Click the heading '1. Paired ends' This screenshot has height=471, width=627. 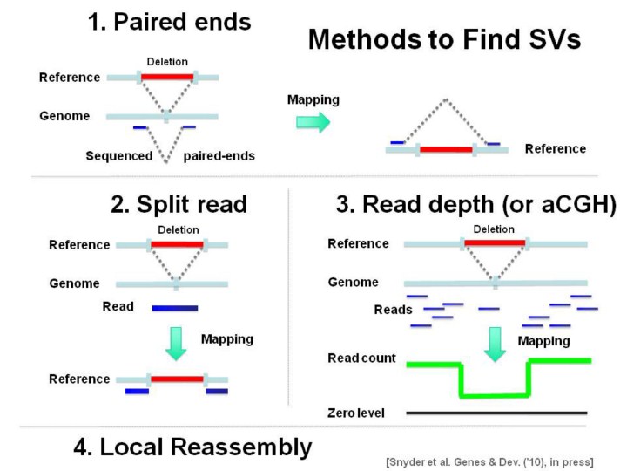tap(169, 23)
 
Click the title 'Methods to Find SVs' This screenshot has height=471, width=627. tap(444, 40)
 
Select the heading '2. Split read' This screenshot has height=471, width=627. tap(179, 205)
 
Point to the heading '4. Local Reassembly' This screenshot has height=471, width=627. tap(192, 447)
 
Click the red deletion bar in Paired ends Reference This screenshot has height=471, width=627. tap(166, 78)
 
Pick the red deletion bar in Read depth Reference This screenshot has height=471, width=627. tap(495, 243)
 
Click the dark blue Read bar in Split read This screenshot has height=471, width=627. tap(175, 307)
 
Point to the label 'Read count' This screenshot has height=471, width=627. tap(361, 358)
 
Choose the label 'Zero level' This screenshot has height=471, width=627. tap(356, 412)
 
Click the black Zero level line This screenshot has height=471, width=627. tap(496, 412)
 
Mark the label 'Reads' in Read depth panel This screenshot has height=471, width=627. tap(393, 310)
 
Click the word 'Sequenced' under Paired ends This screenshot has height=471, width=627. tap(118, 157)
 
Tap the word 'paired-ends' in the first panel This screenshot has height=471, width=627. tap(218, 157)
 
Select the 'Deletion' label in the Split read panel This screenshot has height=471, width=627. tap(179, 229)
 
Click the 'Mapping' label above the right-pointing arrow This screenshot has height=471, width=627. tap(313, 100)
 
